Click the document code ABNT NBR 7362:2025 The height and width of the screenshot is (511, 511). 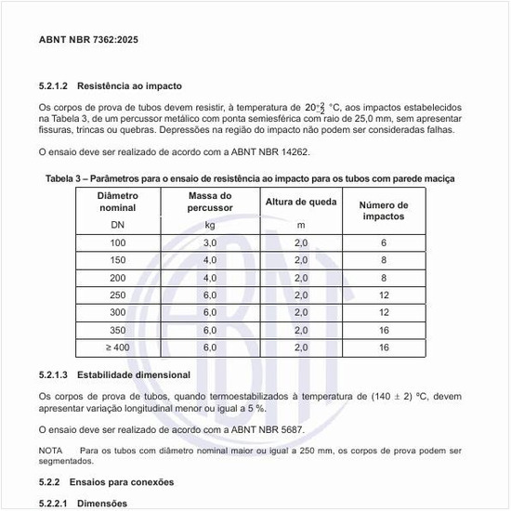point(89,41)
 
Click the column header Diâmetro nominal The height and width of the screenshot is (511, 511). point(117,203)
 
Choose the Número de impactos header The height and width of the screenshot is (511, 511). point(383,210)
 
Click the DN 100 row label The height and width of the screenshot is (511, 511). point(117,242)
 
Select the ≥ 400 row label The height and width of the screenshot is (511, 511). point(117,347)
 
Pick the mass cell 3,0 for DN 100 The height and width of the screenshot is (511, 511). point(210,242)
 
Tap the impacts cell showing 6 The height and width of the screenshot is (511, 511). point(383,242)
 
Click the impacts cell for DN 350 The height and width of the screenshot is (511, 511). point(383,330)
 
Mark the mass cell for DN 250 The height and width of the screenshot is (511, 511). point(210,295)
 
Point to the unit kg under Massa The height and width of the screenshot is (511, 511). point(210,225)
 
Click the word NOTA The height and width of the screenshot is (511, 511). point(50,451)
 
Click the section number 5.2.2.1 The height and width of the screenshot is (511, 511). point(59,504)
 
